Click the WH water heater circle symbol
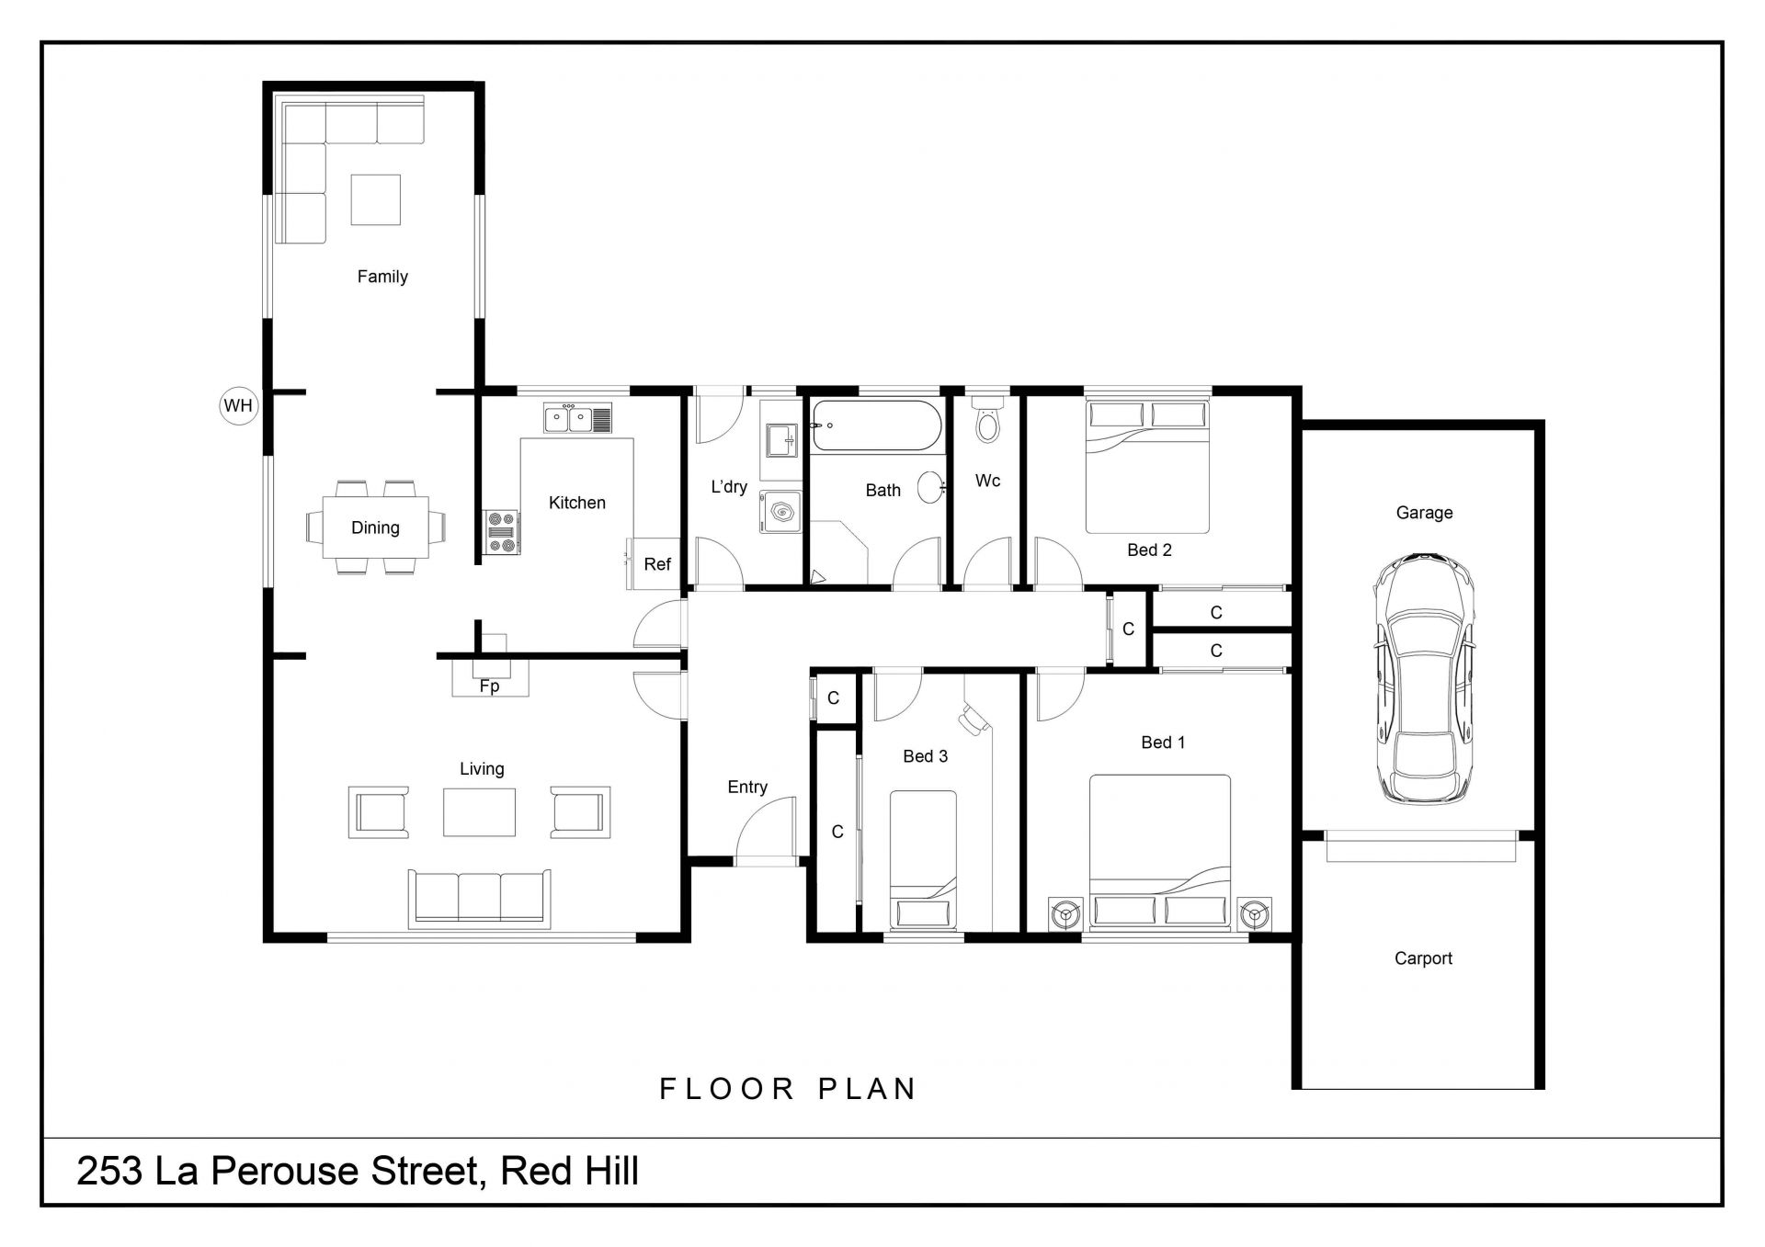[x=238, y=405]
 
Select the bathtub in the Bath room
[x=876, y=425]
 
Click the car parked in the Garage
[x=1425, y=680]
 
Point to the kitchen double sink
[x=577, y=419]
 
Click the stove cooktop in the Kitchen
[x=502, y=533]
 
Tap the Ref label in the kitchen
[x=657, y=564]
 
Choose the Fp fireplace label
[x=489, y=686]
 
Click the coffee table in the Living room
[x=479, y=811]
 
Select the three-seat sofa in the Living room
[x=479, y=897]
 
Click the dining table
[x=375, y=527]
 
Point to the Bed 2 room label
[x=1149, y=550]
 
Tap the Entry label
[x=747, y=787]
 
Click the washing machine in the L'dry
[x=780, y=513]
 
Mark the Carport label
[x=1423, y=958]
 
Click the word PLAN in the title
[x=868, y=1089]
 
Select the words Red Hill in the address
[x=570, y=1172]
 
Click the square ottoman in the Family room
[x=375, y=199]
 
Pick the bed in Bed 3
[x=923, y=860]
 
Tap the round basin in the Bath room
[x=931, y=487]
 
